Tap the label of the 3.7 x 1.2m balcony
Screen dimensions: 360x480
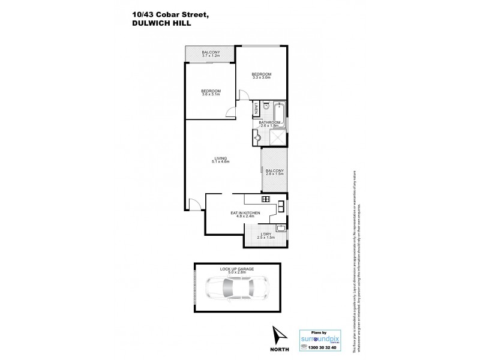pyautogui.click(x=211, y=54)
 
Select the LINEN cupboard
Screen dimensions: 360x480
pyautogui.click(x=256, y=109)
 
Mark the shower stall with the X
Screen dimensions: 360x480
pyautogui.click(x=278, y=139)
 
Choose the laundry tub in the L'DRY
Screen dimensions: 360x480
pyautogui.click(x=281, y=227)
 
